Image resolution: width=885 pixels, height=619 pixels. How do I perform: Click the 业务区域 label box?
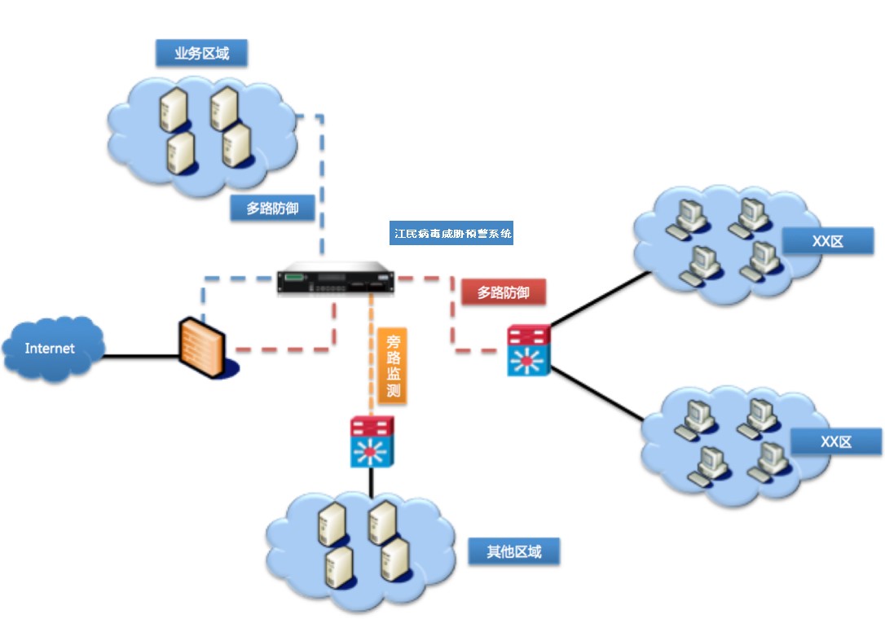(201, 54)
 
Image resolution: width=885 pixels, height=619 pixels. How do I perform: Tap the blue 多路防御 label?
(272, 209)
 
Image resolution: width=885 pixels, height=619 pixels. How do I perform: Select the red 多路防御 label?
(503, 292)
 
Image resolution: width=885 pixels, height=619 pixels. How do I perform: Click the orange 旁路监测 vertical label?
(393, 365)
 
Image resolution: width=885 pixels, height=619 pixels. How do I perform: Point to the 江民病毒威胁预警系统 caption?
(452, 233)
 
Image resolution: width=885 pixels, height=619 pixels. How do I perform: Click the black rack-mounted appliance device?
(334, 279)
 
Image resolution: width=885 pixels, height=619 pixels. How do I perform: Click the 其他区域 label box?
(514, 551)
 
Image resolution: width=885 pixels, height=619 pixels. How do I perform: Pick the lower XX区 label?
(835, 441)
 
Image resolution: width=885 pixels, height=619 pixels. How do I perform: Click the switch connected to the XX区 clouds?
(529, 350)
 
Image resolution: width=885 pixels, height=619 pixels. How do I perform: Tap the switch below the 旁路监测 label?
(372, 441)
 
